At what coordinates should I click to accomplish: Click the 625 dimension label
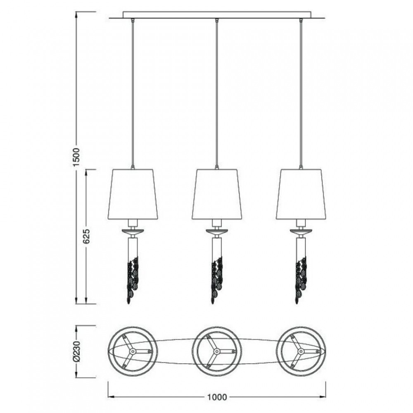[x=86, y=236]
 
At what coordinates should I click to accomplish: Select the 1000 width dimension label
[x=217, y=397]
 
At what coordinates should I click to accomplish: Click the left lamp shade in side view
[x=133, y=194]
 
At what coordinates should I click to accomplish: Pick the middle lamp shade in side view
[x=217, y=194]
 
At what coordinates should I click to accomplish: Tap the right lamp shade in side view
[x=301, y=194]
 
